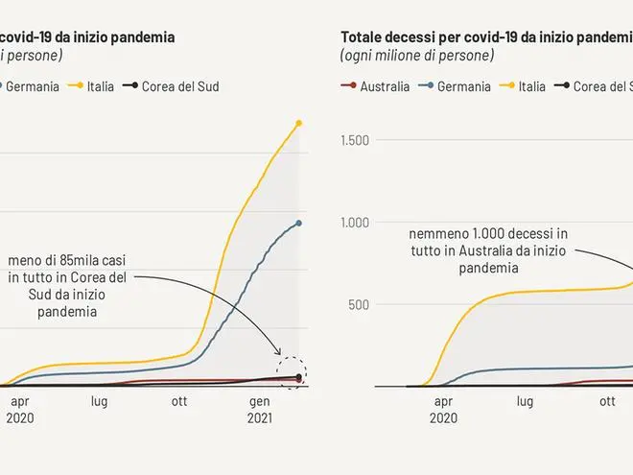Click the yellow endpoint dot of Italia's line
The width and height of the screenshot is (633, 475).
click(x=299, y=123)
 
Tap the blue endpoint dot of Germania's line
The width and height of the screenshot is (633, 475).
click(x=299, y=223)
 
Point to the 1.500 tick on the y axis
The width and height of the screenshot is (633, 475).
click(x=355, y=141)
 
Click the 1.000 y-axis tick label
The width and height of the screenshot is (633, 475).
click(x=355, y=223)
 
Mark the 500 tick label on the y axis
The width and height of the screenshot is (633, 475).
click(x=359, y=304)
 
